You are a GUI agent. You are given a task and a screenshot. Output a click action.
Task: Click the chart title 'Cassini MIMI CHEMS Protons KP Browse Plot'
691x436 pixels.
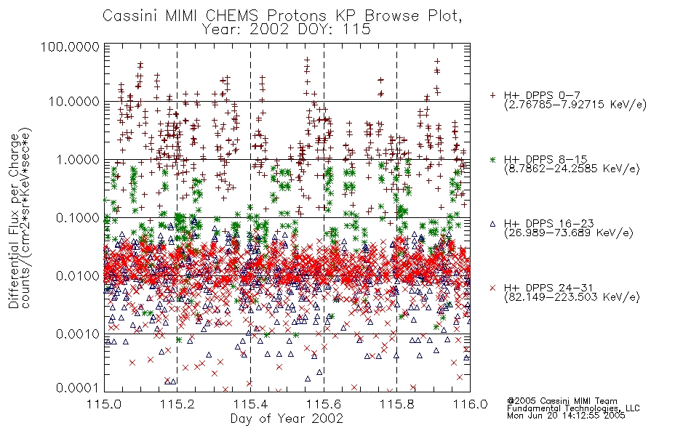[x=282, y=16]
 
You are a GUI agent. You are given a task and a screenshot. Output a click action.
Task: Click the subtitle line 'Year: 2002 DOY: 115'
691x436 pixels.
[x=286, y=30]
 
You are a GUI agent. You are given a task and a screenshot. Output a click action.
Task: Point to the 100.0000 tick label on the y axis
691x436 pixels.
[x=70, y=47]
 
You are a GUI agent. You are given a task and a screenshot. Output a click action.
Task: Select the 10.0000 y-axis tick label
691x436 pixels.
[x=73, y=102]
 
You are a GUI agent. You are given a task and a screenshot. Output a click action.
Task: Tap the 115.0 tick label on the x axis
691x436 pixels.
[x=104, y=404]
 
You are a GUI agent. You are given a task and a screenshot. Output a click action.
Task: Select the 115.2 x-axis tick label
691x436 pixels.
[x=177, y=404]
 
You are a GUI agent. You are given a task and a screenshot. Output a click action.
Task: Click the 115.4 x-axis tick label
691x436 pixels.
[x=250, y=404]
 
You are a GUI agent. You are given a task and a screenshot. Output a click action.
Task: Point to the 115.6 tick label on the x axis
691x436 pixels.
[x=324, y=404]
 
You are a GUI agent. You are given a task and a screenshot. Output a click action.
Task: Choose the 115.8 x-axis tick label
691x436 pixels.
[x=396, y=404]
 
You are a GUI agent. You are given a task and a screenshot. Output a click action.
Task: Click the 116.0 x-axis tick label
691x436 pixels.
[x=470, y=404]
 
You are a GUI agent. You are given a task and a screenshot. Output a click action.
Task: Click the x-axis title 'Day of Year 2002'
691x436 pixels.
[x=287, y=419]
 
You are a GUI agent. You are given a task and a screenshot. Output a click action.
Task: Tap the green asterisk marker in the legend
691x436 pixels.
[x=492, y=159]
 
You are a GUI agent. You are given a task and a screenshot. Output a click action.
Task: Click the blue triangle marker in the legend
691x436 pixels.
[x=492, y=224]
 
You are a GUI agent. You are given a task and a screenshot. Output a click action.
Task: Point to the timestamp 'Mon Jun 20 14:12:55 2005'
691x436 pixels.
[x=566, y=416]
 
